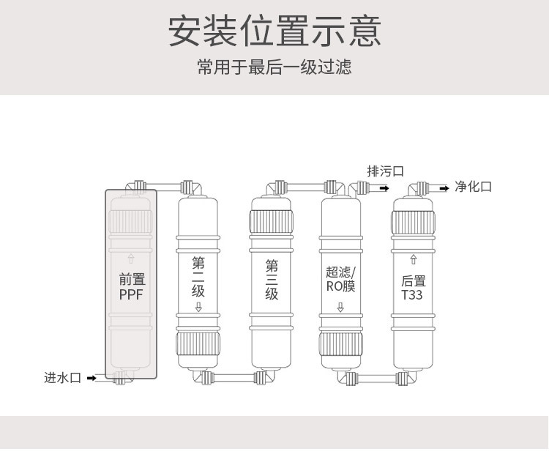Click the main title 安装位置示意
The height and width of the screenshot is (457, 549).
274,31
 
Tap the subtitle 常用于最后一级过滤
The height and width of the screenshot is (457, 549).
274,67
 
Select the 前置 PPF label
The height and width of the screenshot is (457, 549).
132,286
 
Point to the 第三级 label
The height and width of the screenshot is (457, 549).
272,279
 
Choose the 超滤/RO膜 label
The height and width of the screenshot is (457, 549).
340,279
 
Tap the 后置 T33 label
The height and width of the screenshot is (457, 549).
414,288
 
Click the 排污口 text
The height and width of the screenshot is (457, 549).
385,171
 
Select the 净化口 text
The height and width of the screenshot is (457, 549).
473,187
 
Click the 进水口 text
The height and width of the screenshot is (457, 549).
62,378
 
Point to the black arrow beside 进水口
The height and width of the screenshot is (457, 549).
92,378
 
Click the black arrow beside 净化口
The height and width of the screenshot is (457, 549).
444,188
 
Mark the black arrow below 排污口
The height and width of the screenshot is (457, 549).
384,188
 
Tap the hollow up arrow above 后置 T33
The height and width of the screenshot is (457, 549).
414,259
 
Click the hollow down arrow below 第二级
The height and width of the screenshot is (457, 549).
198,306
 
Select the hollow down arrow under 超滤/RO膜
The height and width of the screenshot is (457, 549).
340,307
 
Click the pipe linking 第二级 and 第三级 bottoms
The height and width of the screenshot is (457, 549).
235,378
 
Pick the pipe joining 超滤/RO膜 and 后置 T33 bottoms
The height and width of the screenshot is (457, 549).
377,379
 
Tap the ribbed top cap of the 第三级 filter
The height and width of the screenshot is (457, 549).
272,222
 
